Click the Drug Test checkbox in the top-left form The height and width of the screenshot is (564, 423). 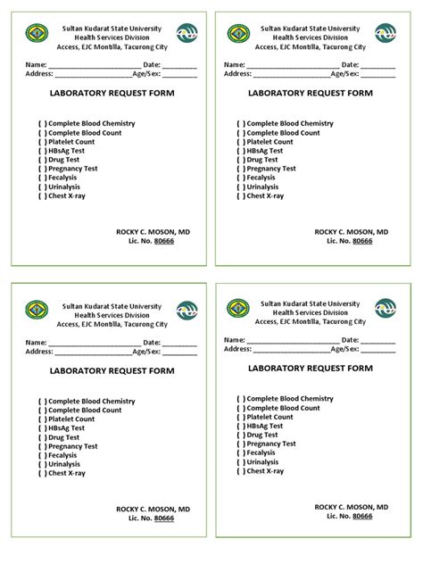click(42, 159)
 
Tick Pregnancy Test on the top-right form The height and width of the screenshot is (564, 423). click(241, 169)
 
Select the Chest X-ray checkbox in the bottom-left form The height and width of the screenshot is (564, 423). click(42, 473)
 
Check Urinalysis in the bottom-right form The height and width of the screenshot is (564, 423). click(241, 461)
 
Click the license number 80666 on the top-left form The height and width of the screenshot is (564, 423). click(163, 241)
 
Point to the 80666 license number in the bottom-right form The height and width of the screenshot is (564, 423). click(362, 516)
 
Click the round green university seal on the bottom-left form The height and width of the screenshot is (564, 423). click(38, 310)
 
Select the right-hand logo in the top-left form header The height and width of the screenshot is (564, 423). click(187, 34)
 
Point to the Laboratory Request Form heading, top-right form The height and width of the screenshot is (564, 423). click(311, 93)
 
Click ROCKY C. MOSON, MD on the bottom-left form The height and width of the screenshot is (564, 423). click(153, 509)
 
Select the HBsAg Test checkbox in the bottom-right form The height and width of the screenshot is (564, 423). click(241, 426)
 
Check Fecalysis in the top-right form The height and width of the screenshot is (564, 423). click(241, 178)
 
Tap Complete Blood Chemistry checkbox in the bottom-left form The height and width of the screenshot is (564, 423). click(42, 402)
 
